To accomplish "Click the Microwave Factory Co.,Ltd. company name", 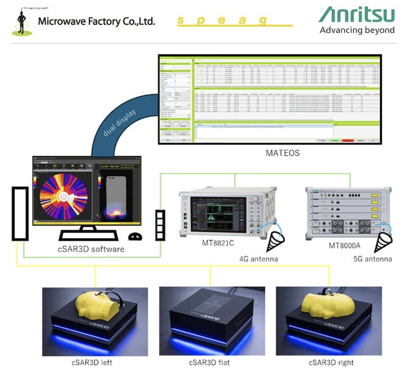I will [x=96, y=21].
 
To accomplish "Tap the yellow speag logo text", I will [x=223, y=20].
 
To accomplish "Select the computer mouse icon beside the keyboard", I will [x=135, y=236].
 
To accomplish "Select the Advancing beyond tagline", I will [x=357, y=30].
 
